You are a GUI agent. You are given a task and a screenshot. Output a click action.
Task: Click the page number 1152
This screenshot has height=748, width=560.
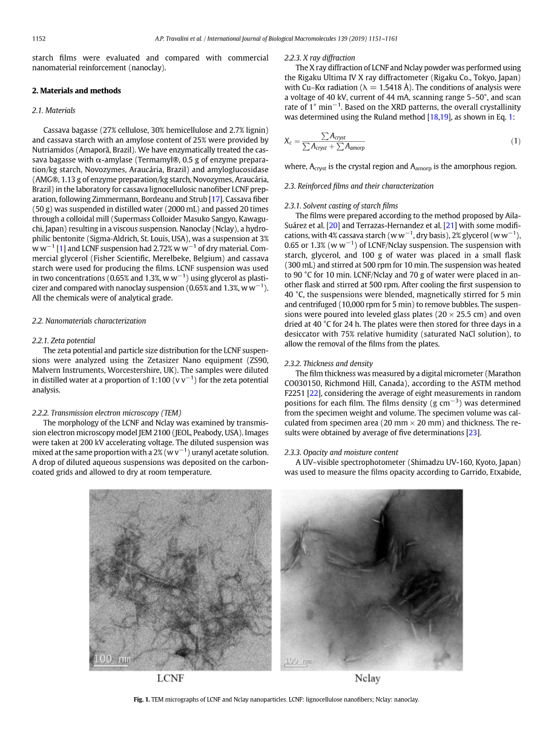click(39, 39)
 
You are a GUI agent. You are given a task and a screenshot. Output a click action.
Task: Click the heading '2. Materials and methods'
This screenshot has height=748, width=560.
click(76, 91)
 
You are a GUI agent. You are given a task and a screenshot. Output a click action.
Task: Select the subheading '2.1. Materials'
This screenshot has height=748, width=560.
click(53, 110)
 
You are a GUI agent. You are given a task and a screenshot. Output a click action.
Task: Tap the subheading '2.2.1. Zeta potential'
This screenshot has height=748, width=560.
click(63, 341)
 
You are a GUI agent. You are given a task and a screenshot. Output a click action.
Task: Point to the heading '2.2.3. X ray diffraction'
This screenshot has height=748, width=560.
click(320, 58)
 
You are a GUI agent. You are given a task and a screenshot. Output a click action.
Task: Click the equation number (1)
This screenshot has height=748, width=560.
click(515, 141)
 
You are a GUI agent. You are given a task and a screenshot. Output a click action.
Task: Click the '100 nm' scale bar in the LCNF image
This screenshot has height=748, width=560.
click(112, 658)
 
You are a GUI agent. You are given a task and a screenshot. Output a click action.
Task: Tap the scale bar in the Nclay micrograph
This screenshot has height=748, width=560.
click(297, 661)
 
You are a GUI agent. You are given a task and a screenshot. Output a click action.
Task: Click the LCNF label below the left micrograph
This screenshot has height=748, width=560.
click(170, 679)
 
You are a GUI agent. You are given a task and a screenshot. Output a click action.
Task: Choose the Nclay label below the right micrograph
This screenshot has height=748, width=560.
click(367, 679)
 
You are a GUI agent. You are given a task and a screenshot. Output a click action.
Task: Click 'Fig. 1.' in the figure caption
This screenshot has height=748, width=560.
click(142, 700)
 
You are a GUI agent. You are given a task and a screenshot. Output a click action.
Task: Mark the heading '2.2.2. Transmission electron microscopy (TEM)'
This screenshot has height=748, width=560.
click(106, 413)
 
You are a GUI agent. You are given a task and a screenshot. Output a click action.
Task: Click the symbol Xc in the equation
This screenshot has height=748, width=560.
click(288, 141)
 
